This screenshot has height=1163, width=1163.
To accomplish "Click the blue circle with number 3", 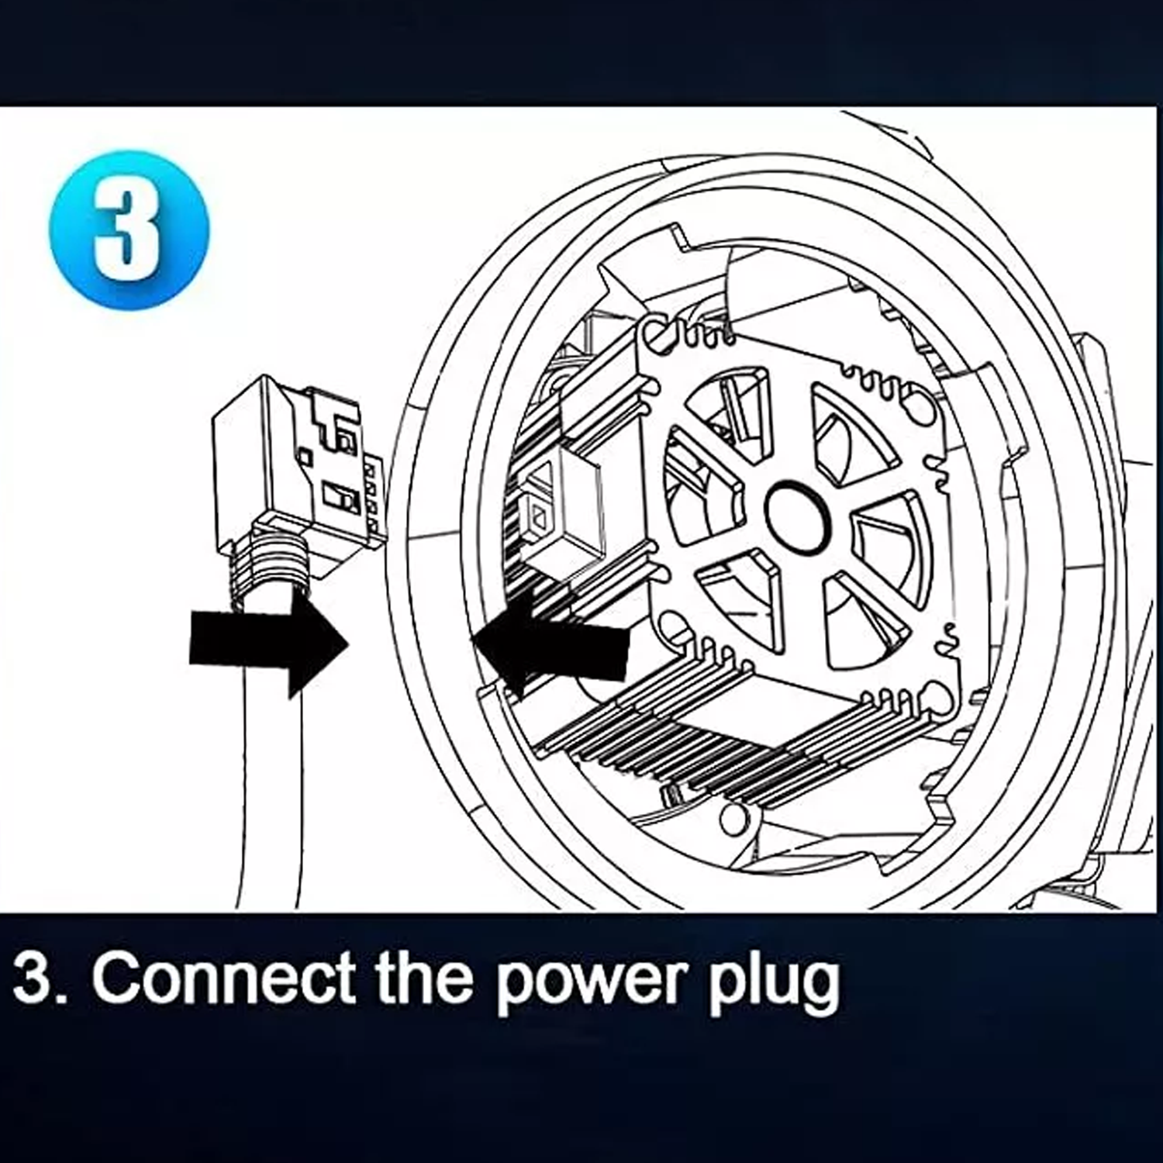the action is [129, 230].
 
